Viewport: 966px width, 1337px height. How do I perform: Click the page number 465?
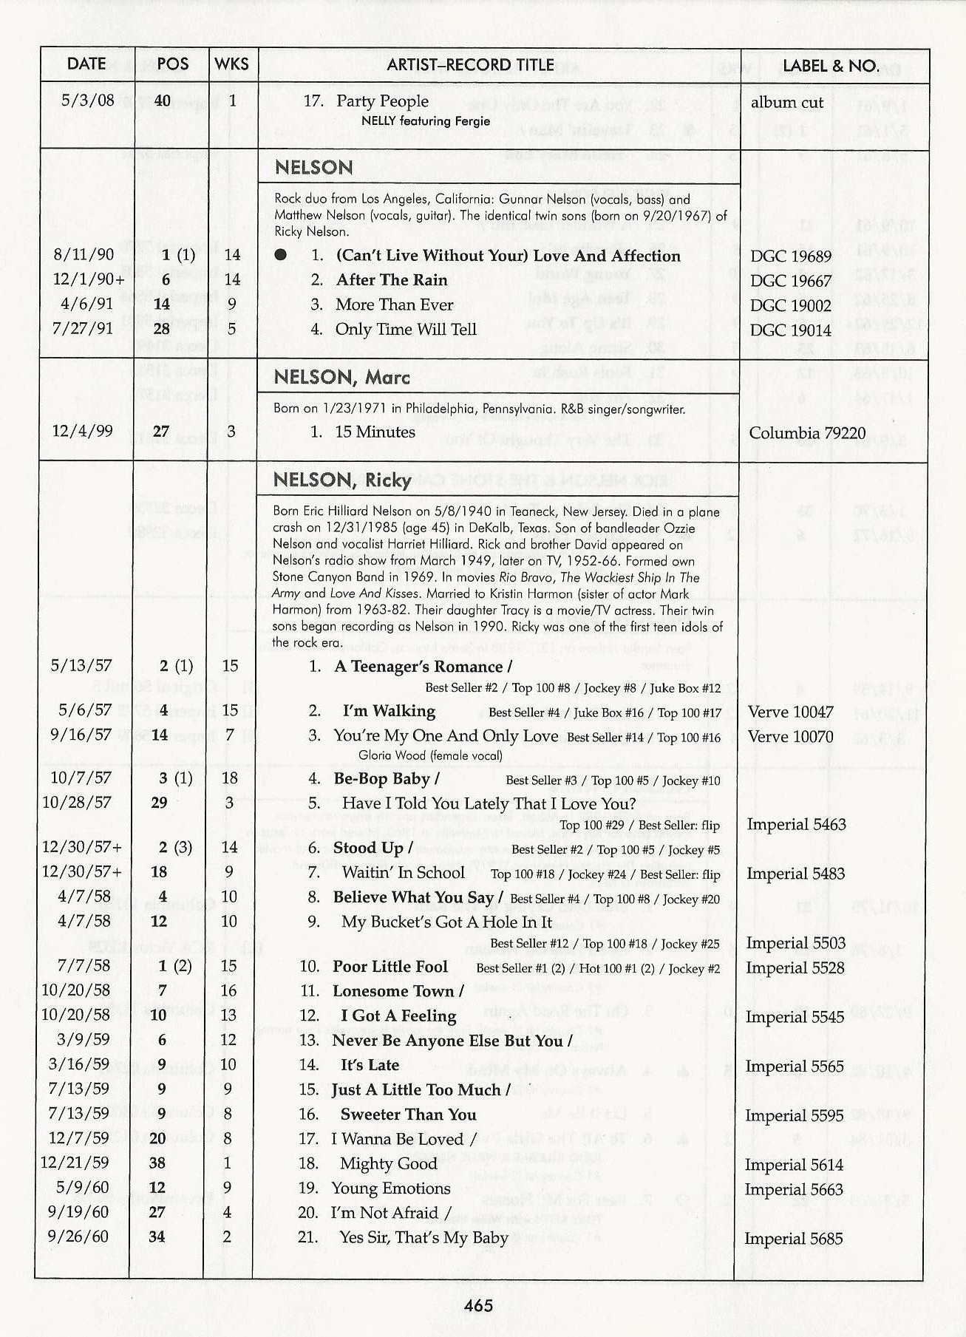pyautogui.click(x=478, y=1305)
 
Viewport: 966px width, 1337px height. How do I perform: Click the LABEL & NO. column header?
pyautogui.click(x=830, y=65)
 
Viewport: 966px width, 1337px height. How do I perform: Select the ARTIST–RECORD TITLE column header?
pyautogui.click(x=470, y=65)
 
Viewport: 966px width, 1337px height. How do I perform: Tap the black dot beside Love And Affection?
pyautogui.click(x=280, y=256)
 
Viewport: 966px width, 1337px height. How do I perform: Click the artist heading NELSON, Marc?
pyautogui.click(x=341, y=378)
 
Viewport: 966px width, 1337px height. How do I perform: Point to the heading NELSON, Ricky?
pyautogui.click(x=341, y=480)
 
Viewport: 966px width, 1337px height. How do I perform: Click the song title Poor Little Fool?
pyautogui.click(x=390, y=967)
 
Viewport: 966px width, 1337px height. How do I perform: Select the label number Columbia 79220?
pyautogui.click(x=807, y=433)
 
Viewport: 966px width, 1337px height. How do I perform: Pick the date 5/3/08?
pyautogui.click(x=88, y=101)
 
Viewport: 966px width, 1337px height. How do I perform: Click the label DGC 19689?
pyautogui.click(x=791, y=257)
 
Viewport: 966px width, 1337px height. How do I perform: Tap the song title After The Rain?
pyautogui.click(x=392, y=280)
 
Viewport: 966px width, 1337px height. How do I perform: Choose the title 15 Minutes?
pyautogui.click(x=375, y=432)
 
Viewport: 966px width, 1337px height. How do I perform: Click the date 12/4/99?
pyautogui.click(x=82, y=430)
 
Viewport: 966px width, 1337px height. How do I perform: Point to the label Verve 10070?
pyautogui.click(x=790, y=737)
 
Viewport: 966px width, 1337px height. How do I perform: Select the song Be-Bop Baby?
pyautogui.click(x=382, y=779)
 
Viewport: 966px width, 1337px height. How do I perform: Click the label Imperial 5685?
pyautogui.click(x=793, y=1239)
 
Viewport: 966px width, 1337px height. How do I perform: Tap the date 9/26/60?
pyautogui.click(x=77, y=1236)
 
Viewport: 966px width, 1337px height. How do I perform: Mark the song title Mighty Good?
pyautogui.click(x=389, y=1164)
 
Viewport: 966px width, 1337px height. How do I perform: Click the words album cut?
pyautogui.click(x=786, y=103)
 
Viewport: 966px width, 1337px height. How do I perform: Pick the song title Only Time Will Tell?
pyautogui.click(x=406, y=330)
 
